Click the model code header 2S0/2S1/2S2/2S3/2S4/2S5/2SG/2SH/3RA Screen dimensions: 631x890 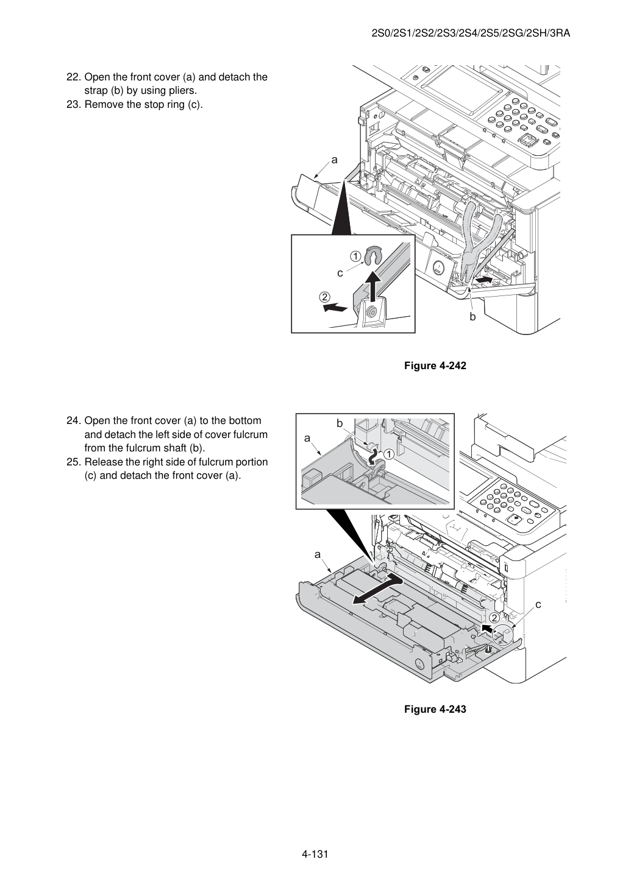[x=471, y=34]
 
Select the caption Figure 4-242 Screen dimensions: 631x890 [x=435, y=366]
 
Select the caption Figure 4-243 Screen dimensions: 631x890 [x=435, y=709]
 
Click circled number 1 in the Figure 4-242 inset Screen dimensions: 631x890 [x=355, y=256]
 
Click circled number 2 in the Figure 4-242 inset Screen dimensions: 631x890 [x=324, y=297]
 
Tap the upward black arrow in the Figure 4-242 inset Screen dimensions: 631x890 [x=373, y=286]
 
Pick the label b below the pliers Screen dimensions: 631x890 [x=472, y=317]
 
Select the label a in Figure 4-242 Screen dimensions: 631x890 [x=334, y=160]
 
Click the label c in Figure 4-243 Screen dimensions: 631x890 [x=538, y=605]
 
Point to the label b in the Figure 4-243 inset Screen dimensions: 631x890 [x=340, y=423]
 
